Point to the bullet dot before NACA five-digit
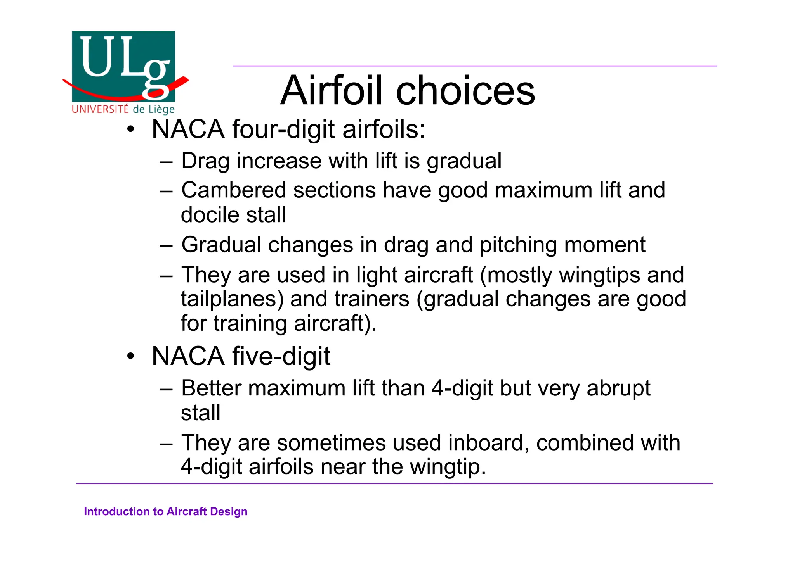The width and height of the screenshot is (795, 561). [x=131, y=356]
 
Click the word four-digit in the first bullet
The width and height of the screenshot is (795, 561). [x=283, y=129]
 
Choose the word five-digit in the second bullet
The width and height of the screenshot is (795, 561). [x=281, y=356]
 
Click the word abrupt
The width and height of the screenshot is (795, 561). [x=618, y=388]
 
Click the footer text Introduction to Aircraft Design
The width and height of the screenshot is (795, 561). [x=166, y=511]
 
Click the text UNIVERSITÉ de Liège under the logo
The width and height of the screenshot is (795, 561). [x=123, y=109]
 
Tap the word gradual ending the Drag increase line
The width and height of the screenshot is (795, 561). [x=464, y=161]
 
